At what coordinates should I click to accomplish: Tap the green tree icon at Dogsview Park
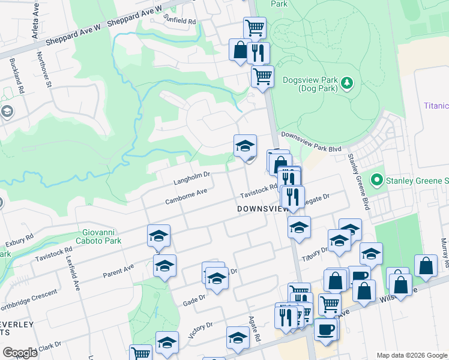pyautogui.click(x=346, y=82)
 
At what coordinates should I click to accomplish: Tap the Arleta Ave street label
pyautogui.click(x=36, y=28)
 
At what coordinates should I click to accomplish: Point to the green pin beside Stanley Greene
pyautogui.click(x=377, y=179)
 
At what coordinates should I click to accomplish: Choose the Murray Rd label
pyautogui.click(x=444, y=256)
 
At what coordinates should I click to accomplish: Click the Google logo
pyautogui.click(x=20, y=353)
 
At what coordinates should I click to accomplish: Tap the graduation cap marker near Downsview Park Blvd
pyautogui.click(x=245, y=146)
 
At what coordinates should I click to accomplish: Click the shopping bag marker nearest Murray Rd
pyautogui.click(x=426, y=268)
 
